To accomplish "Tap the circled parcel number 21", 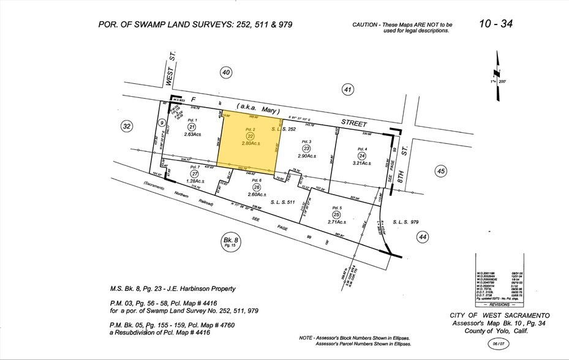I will click(x=191, y=126).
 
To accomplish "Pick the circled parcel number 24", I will click(x=363, y=155).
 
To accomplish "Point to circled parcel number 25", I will click(x=336, y=214).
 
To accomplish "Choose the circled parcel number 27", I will click(x=195, y=173).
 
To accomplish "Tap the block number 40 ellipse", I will click(x=226, y=73).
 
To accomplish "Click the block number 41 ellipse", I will click(x=348, y=91).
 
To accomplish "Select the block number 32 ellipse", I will click(x=127, y=127).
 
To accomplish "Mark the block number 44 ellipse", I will click(x=421, y=236).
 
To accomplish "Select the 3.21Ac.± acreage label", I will click(x=363, y=163).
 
